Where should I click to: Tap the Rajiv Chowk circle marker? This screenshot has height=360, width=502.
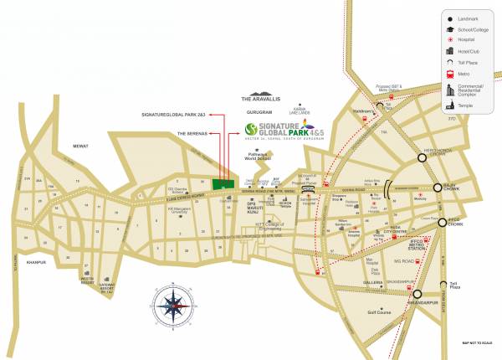pos(437,188)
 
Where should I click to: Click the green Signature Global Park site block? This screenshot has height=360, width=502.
pos(223,183)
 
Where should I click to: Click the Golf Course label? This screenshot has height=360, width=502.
pos(380,316)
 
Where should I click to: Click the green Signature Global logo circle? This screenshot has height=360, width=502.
pos(249,129)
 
